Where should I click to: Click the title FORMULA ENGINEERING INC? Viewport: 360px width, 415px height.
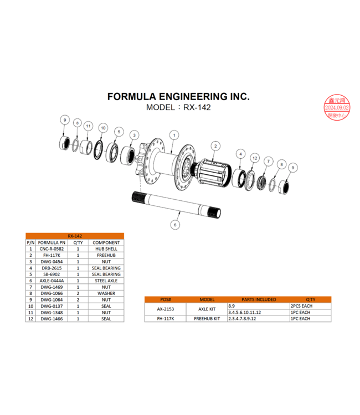[178, 97]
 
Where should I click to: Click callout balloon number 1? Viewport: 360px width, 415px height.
[174, 134]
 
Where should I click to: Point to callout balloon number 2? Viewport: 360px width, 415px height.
[215, 146]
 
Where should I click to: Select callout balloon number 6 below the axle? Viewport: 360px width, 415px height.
[175, 225]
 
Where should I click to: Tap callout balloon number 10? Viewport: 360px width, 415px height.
[102, 128]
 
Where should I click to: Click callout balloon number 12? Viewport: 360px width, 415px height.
[255, 158]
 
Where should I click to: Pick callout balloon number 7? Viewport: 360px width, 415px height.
[268, 161]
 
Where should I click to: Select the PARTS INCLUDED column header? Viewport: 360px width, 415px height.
[258, 299]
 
